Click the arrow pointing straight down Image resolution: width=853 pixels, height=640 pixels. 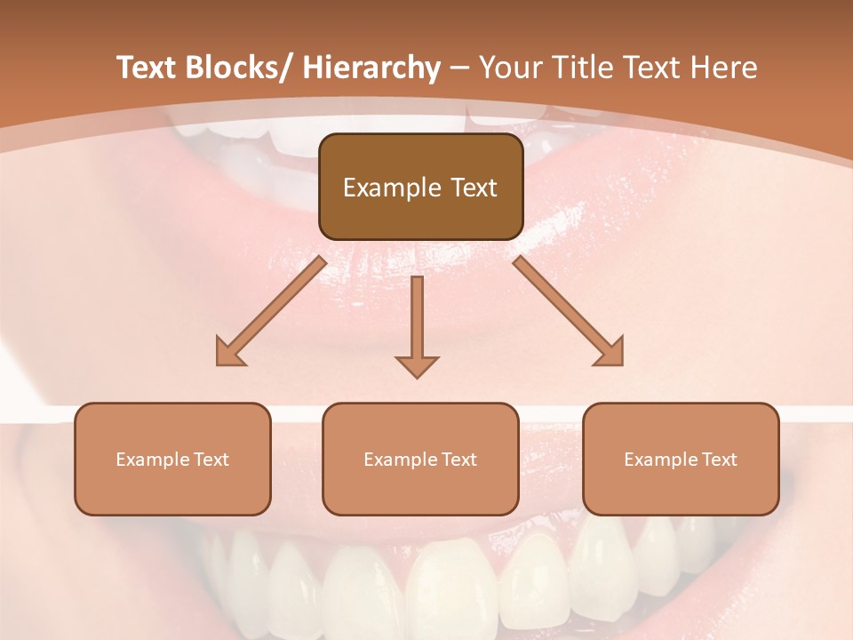click(417, 324)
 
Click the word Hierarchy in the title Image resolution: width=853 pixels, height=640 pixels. click(371, 68)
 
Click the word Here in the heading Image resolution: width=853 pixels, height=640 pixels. click(726, 68)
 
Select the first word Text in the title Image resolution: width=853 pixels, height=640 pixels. click(147, 68)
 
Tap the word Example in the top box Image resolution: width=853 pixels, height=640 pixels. click(392, 188)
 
